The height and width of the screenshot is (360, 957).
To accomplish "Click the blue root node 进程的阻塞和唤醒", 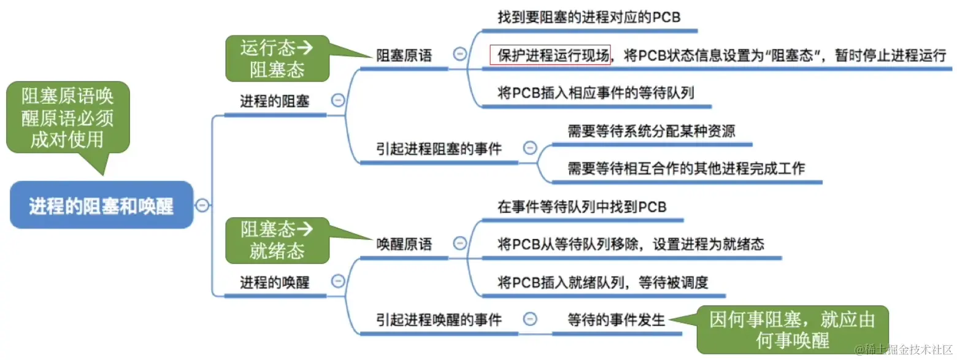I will [101, 205].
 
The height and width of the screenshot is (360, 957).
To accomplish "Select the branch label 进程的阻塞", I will [274, 102].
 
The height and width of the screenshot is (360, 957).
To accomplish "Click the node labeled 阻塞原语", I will [404, 56].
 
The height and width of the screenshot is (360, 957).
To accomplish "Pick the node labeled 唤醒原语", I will [404, 244].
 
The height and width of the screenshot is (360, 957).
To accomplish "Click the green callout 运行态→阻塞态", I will [277, 58].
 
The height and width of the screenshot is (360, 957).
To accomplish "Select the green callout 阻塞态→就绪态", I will [277, 240].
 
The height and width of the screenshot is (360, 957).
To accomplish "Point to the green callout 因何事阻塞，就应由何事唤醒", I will [791, 329].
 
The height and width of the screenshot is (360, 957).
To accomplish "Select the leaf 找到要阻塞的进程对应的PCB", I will [589, 17].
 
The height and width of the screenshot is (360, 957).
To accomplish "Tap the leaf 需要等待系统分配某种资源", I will [651, 131].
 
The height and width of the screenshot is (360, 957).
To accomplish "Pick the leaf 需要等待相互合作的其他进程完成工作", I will [686, 168].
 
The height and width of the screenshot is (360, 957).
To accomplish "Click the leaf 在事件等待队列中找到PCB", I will [582, 207].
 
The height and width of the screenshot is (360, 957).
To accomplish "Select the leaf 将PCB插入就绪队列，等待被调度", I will [603, 282].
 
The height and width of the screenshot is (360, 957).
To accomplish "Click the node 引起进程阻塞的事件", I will [439, 149].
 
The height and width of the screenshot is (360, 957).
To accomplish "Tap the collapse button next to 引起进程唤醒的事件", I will [530, 319].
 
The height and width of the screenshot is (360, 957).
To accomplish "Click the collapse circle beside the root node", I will [202, 206].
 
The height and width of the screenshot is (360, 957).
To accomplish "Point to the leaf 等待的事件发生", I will [616, 320].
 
